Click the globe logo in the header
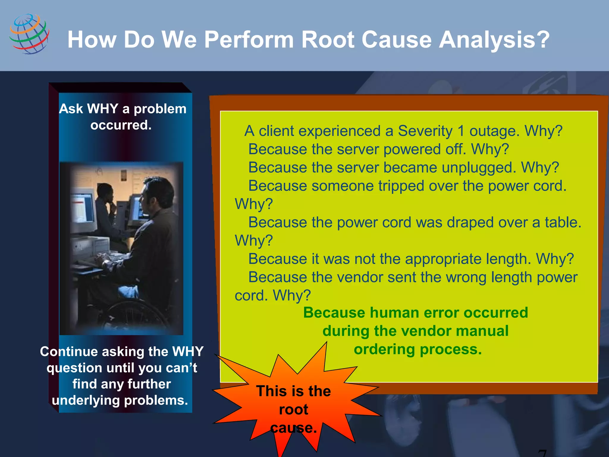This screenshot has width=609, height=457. click(x=29, y=34)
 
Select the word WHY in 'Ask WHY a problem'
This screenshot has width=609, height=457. click(x=103, y=109)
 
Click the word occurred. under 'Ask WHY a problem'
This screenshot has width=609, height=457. click(x=121, y=125)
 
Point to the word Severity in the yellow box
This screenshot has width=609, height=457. click(x=425, y=131)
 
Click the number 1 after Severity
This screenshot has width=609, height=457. click(x=461, y=131)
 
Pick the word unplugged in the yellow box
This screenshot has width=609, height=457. click(x=479, y=168)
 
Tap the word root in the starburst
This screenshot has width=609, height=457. click(x=293, y=410)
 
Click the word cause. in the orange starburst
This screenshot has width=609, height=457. click(x=293, y=428)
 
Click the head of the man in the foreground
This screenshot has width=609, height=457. click(x=158, y=193)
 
